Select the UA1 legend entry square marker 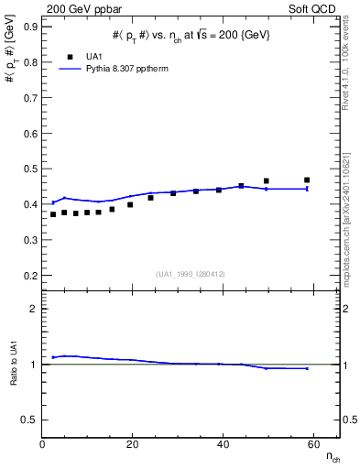pos(69,56)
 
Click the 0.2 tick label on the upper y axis pos(30,275)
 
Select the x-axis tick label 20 pos(133,445)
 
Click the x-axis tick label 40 pos(223,445)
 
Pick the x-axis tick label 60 pos(312,445)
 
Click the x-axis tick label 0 pos(43,445)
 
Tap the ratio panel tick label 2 pos(34,309)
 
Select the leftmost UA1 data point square pos(53,214)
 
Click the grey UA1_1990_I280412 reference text pos(190,273)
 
